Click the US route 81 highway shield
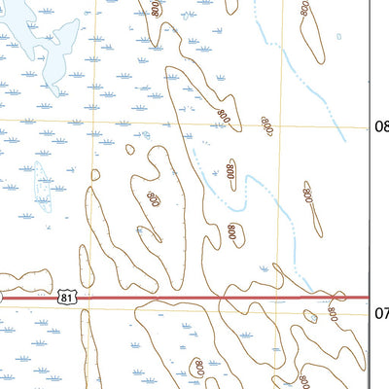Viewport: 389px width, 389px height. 64,296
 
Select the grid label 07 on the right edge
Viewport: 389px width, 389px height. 380,312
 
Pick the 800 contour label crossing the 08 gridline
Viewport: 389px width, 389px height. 267,124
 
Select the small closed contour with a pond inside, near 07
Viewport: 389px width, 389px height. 310,316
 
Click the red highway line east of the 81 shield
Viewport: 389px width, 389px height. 194,298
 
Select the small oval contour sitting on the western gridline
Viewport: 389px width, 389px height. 95,175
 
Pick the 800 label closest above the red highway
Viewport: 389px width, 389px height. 232,231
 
